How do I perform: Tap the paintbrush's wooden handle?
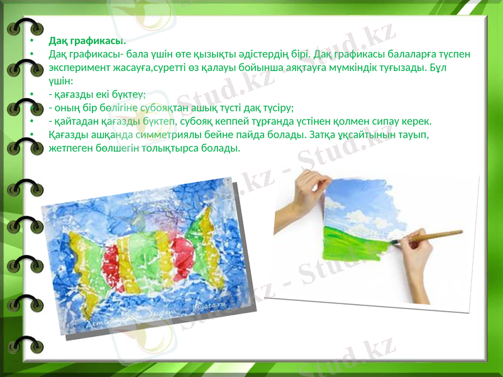click(x=434, y=236)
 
